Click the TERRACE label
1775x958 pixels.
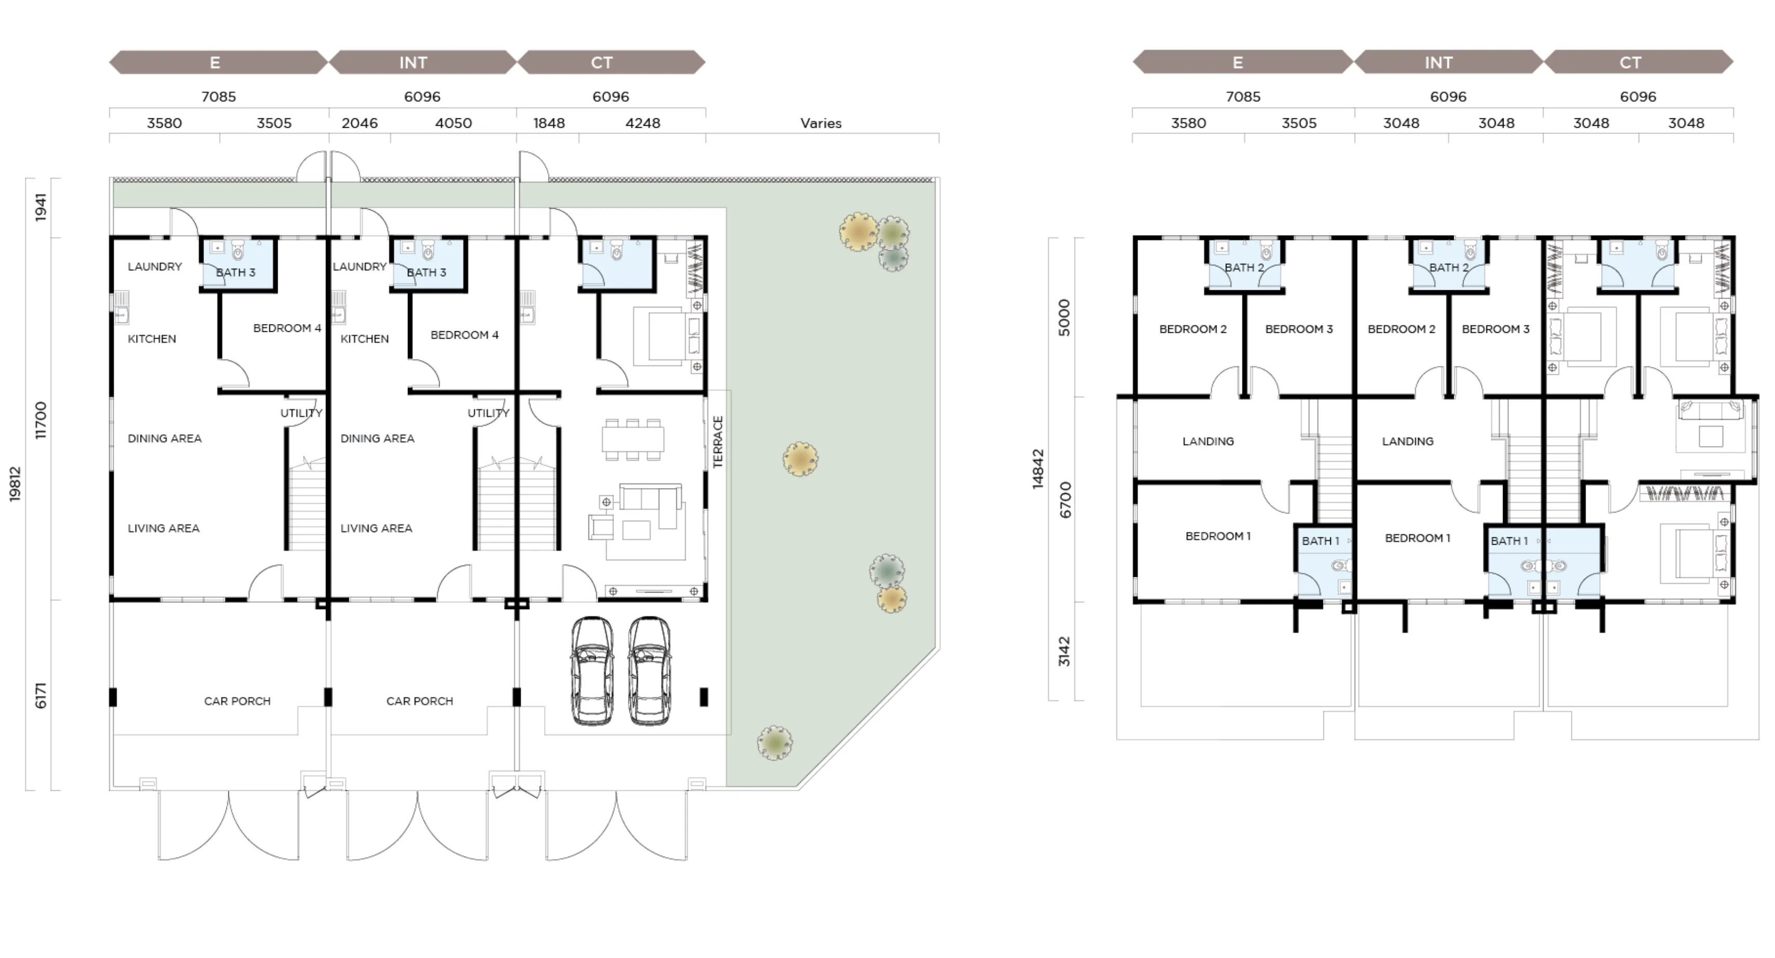(718, 442)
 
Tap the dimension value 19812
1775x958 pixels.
(15, 484)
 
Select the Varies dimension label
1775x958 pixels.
(821, 124)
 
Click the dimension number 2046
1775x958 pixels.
(360, 124)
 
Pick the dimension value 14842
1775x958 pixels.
(1039, 469)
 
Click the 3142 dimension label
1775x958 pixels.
(1064, 651)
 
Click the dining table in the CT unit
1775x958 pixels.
(633, 439)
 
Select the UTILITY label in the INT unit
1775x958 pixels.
(488, 413)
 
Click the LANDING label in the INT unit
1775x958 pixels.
(1408, 441)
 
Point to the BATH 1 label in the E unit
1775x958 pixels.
(1320, 541)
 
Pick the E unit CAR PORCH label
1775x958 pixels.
(237, 701)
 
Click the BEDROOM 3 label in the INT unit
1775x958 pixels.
(1496, 329)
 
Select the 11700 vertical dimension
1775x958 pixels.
(40, 420)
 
